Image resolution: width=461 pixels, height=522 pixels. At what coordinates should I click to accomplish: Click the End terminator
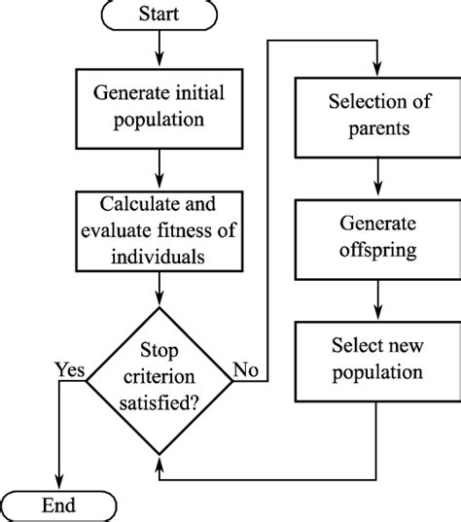[x=60, y=505]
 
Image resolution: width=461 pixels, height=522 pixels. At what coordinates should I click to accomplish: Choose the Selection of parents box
[x=375, y=116]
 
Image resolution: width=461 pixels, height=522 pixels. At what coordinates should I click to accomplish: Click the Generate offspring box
[x=375, y=237]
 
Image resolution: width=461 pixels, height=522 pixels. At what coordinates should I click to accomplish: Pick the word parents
[x=375, y=128]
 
